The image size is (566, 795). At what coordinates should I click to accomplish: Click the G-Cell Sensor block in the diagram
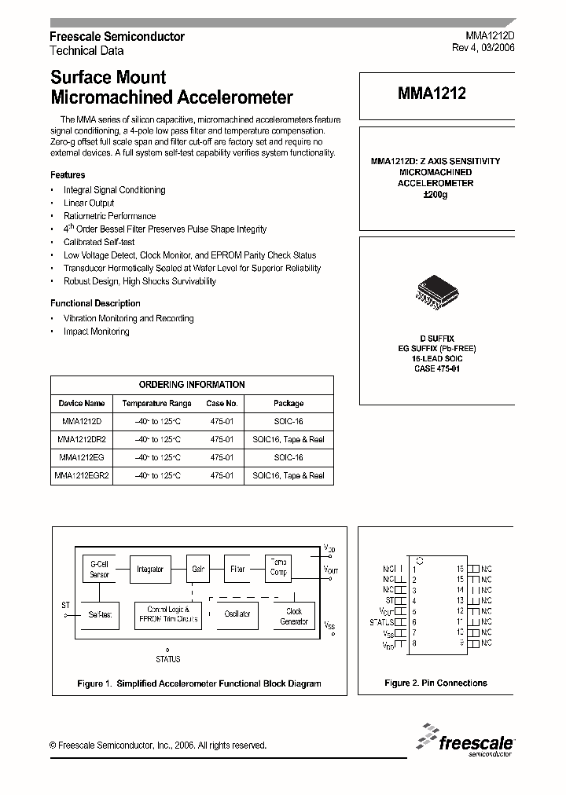(x=99, y=569)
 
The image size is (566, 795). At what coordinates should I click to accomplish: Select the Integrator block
(x=149, y=569)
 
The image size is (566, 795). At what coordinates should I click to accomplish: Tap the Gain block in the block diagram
(x=197, y=569)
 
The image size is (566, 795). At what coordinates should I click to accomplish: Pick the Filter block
(x=237, y=569)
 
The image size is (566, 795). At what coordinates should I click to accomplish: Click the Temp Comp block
(x=279, y=567)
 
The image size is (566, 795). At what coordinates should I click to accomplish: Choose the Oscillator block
(x=237, y=614)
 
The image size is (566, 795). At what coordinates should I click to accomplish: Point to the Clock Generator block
(x=293, y=616)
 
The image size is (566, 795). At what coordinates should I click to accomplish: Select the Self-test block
(x=99, y=614)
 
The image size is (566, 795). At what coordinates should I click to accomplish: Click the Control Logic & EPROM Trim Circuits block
(x=167, y=614)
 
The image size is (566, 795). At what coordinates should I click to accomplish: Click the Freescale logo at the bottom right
(x=467, y=742)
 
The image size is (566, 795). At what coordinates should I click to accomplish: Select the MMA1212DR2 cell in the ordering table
(x=82, y=440)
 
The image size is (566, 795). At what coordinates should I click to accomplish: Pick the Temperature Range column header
(x=157, y=403)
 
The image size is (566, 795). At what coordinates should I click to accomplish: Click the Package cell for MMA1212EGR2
(x=289, y=475)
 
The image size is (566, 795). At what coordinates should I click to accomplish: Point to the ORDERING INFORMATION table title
(x=192, y=385)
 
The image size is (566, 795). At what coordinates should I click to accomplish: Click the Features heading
(x=68, y=175)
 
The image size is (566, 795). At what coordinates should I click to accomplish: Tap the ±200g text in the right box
(x=435, y=194)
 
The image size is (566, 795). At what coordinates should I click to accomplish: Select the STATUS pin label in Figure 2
(x=381, y=621)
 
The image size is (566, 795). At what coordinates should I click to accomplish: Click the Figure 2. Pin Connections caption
(x=436, y=683)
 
